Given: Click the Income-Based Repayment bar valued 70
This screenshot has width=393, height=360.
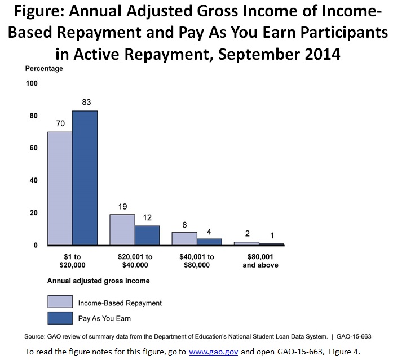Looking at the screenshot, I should tap(60, 189).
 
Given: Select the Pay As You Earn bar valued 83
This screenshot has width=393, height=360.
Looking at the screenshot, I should tap(85, 178).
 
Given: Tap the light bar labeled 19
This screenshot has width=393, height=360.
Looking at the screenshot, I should tap(122, 230).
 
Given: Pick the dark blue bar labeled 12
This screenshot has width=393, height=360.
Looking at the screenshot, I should tap(147, 235).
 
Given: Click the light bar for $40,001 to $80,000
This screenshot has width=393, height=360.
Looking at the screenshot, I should tap(184, 239).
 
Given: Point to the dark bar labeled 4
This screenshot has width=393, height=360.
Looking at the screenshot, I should tap(209, 242).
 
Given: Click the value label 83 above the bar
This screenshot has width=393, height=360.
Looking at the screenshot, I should tap(86, 103).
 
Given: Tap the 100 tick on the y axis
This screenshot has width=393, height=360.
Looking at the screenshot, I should tap(31, 83).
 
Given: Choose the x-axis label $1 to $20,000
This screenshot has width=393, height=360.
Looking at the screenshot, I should tap(72, 260).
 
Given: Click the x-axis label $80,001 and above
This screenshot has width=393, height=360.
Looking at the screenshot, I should tap(259, 260).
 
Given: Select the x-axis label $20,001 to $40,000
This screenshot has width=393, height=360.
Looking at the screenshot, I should tap(134, 260).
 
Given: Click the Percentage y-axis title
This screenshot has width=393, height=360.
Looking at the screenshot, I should tap(44, 69).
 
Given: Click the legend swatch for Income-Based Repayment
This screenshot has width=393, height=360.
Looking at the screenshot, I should tap(60, 302).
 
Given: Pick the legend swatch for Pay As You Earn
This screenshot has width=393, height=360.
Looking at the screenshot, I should tap(60, 318).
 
